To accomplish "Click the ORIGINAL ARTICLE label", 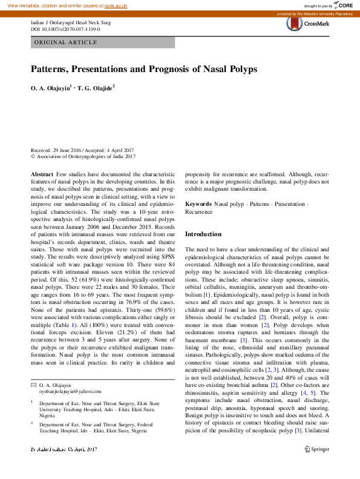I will (x=66, y=42).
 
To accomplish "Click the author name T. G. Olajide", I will (x=96, y=88).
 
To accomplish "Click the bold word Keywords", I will (x=198, y=205).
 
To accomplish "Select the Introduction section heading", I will (x=203, y=234).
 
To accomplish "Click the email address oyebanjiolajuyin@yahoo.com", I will (x=70, y=392).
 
